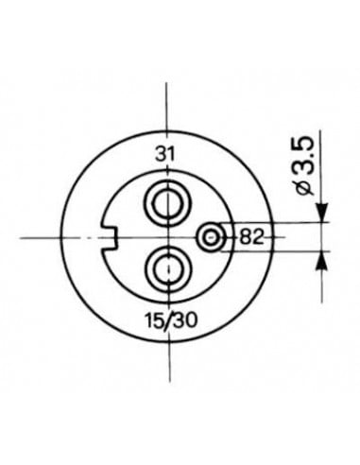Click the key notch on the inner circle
pyautogui.click(x=108, y=233)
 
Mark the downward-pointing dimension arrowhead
pyautogui.click(x=320, y=214)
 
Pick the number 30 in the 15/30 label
pyautogui.click(x=184, y=319)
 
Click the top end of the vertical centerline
pyautogui.click(x=167, y=83)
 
